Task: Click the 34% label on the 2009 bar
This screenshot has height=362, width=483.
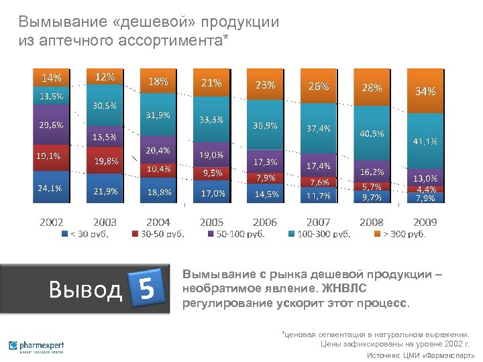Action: tap(425, 91)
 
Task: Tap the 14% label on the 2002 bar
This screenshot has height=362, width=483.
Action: tap(52, 77)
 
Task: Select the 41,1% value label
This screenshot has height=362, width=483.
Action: tap(425, 141)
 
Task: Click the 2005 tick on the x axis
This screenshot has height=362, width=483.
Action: tap(212, 222)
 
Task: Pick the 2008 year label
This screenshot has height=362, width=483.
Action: tap(372, 222)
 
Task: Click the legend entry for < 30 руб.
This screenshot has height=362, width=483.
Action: tap(88, 234)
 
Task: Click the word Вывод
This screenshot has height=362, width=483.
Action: tap(86, 290)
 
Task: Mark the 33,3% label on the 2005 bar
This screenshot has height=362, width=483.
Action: tap(212, 119)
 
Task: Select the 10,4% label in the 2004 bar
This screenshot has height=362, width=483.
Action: tap(158, 168)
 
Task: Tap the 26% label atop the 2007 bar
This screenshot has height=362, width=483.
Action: tap(318, 86)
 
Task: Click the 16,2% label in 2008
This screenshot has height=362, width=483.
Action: tap(372, 172)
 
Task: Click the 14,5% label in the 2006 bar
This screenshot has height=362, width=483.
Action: tap(266, 194)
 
